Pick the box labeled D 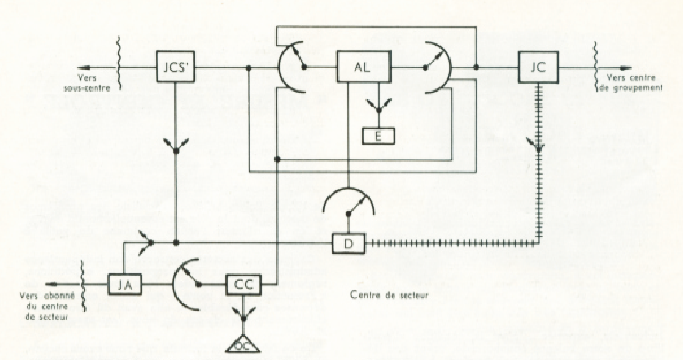348,243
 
